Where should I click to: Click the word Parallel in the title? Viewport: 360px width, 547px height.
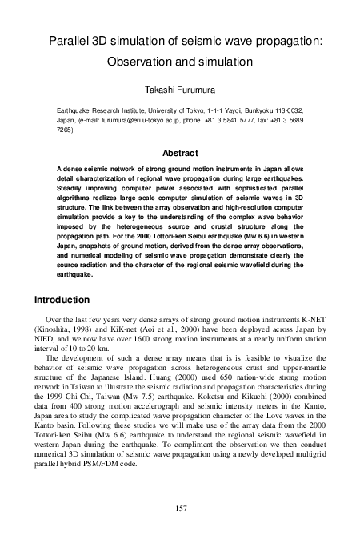click(x=70, y=41)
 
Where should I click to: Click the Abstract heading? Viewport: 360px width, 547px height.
click(x=180, y=152)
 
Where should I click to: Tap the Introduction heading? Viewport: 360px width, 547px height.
click(x=65, y=301)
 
